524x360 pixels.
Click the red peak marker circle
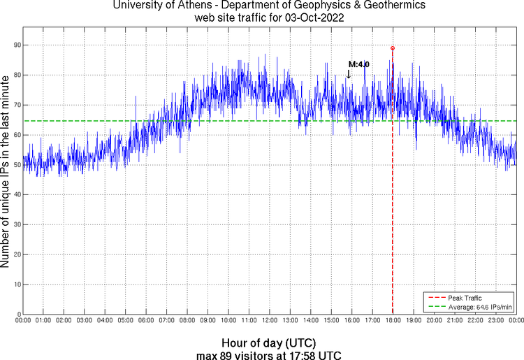[393, 48]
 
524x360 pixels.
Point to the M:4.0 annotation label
[358, 64]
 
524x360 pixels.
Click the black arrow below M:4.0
[349, 73]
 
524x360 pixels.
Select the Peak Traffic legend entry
[465, 298]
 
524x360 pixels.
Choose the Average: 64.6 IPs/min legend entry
[480, 306]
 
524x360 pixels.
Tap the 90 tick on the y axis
[16, 45]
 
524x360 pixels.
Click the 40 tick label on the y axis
[16, 195]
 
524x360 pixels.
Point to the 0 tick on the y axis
[18, 315]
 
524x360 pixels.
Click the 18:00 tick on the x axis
[393, 321]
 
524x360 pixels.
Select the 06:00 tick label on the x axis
[146, 321]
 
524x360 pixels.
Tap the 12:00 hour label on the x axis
[270, 321]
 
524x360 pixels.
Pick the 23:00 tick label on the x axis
[496, 321]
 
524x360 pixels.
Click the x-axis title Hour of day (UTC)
[269, 343]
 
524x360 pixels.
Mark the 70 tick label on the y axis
[16, 105]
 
